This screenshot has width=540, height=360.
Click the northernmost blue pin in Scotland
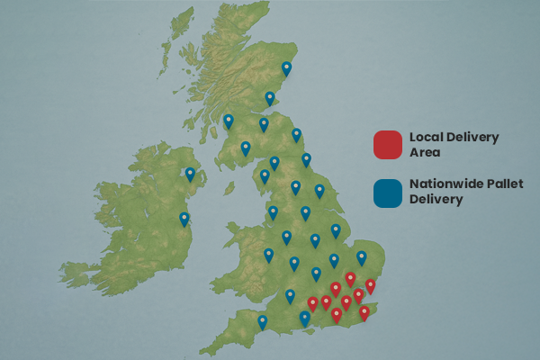pyautogui.click(x=287, y=67)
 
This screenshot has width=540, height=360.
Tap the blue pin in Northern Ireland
pyautogui.click(x=190, y=174)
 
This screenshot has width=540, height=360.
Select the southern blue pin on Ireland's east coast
pyautogui.click(x=184, y=218)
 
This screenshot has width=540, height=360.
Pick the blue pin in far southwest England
pyautogui.click(x=263, y=321)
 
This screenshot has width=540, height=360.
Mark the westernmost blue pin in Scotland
pyautogui.click(x=229, y=121)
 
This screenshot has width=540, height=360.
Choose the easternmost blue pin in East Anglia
pyautogui.click(x=362, y=257)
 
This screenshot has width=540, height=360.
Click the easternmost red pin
pyautogui.click(x=370, y=286)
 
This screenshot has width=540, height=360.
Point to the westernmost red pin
pyautogui.click(x=312, y=303)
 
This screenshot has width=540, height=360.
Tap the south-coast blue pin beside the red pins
pyautogui.click(x=305, y=318)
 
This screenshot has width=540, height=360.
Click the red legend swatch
pyautogui.click(x=387, y=143)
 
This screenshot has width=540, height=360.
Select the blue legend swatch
pyautogui.click(x=387, y=192)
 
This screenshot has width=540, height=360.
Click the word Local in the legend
pyautogui.click(x=427, y=137)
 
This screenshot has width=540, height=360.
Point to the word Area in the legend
pyautogui.click(x=424, y=152)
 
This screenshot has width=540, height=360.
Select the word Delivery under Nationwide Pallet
pyautogui.click(x=436, y=200)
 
